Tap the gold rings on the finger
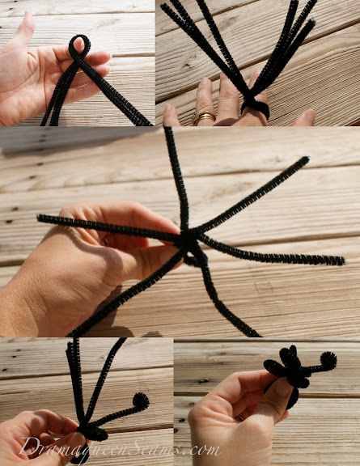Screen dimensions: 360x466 point(203,117)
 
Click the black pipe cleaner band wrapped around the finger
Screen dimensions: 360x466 point(256,106)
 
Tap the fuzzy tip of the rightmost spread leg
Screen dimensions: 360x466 point(341,261)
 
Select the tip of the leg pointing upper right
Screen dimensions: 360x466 point(306,159)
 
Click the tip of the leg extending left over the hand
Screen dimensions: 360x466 point(40,218)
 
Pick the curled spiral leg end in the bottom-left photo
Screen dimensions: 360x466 point(141,401)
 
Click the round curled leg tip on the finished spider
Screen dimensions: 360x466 point(328,360)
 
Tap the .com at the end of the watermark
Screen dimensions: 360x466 point(203,449)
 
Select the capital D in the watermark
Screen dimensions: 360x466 point(28,447)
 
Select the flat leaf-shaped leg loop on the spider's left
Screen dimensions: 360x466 point(274,368)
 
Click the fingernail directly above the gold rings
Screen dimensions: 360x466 point(204,87)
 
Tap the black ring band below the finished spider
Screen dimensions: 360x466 point(293,398)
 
